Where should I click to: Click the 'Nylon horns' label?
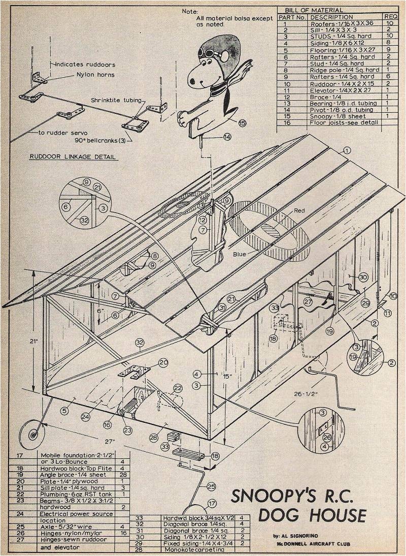[x=95, y=75]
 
